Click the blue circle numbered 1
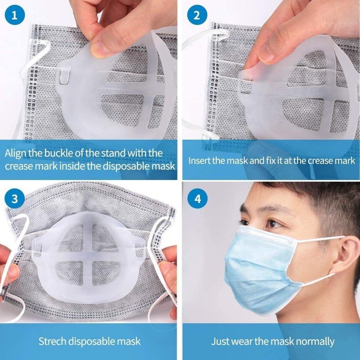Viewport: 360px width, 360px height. click(14, 15)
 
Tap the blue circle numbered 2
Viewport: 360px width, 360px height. click(197, 15)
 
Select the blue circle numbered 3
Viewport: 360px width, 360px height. click(14, 198)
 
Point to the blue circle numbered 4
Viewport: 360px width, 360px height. click(197, 198)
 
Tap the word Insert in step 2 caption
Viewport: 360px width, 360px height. click(199, 161)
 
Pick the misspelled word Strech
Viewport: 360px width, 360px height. click(52, 341)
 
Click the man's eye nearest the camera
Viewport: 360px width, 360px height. click(274, 224)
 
